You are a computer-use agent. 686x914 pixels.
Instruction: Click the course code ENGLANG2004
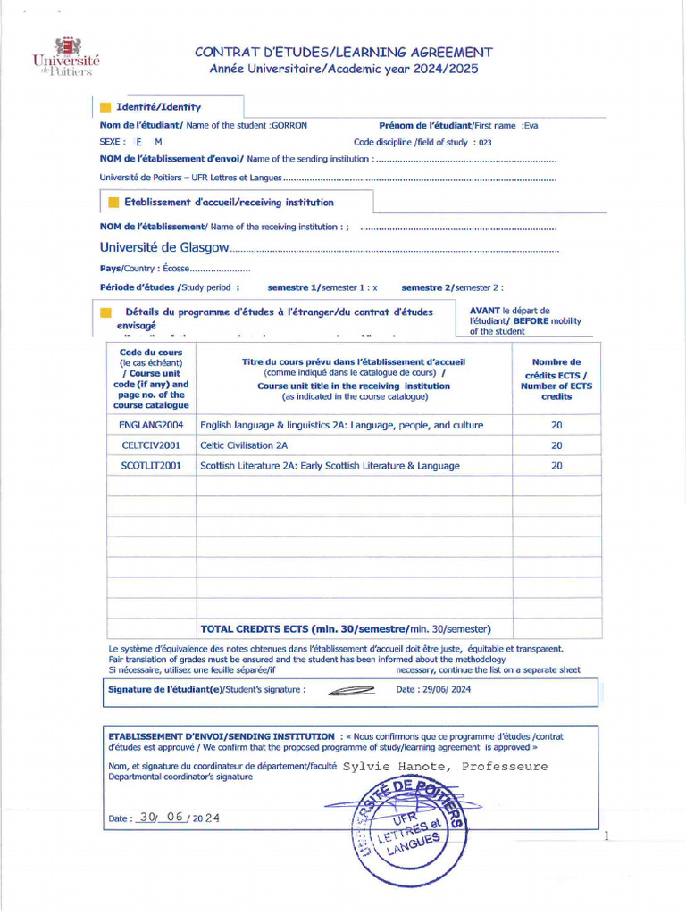click(x=150, y=425)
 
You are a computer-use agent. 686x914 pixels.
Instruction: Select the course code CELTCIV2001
click(x=150, y=445)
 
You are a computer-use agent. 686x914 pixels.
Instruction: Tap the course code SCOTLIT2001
click(x=150, y=465)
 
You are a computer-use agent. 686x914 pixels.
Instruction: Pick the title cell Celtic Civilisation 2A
click(x=244, y=445)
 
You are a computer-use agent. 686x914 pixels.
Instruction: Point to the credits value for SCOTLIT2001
click(x=556, y=465)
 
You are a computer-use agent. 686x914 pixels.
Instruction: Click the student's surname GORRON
click(x=289, y=126)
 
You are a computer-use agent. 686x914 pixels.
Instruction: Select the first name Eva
click(x=531, y=126)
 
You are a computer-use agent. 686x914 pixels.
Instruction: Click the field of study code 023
click(x=485, y=142)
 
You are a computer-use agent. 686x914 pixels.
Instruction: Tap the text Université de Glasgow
click(x=165, y=246)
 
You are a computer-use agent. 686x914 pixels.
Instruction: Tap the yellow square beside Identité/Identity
click(x=105, y=107)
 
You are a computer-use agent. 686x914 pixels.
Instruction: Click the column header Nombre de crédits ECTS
click(x=556, y=379)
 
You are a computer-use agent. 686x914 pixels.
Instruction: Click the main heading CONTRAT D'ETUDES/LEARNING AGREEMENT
click(x=344, y=52)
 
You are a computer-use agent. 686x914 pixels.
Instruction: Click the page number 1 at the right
click(x=606, y=836)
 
